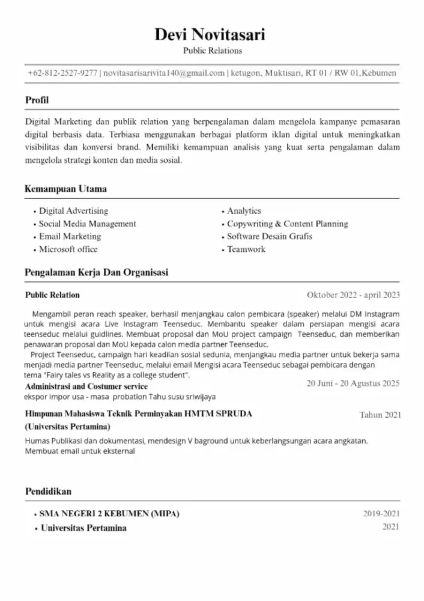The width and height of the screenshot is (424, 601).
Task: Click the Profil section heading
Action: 37,100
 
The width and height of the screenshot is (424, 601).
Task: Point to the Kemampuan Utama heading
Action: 65,189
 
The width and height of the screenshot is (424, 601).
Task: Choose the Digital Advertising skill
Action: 73,211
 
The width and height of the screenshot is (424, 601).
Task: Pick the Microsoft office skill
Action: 68,249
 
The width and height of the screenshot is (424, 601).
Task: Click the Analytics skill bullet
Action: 244,211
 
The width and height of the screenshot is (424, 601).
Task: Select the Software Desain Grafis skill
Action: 270,237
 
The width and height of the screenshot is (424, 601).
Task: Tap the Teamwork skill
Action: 246,249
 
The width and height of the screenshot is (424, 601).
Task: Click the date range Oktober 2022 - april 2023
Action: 353,295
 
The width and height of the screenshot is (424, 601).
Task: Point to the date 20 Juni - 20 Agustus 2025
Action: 353,383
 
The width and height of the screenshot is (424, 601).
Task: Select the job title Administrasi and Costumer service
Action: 86,386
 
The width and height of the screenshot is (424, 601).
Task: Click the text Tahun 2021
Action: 380,415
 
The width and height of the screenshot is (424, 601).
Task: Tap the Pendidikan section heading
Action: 48,492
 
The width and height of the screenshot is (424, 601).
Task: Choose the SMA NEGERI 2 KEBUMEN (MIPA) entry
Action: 109,514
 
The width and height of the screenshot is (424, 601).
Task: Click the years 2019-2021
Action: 381,514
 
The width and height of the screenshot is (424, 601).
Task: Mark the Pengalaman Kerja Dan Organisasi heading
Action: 96,273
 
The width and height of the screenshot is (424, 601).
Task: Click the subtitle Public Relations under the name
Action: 212,51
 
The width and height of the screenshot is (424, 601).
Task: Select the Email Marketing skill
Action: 70,237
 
